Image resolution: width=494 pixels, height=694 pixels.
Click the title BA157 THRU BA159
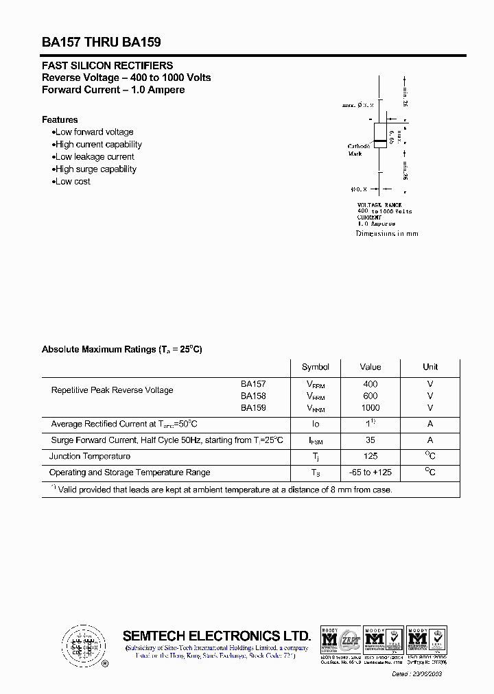click(102, 42)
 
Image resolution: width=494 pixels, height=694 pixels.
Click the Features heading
click(60, 119)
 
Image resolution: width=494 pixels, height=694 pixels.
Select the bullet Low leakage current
click(94, 156)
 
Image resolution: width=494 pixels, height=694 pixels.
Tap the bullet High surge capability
click(95, 169)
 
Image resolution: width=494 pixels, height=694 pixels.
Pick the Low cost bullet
click(72, 181)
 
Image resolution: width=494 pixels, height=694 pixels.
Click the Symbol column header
click(315, 367)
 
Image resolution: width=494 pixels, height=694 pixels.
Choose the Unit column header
click(430, 367)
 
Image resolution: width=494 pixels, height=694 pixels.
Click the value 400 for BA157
click(370, 384)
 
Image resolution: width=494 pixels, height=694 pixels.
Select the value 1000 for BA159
click(370, 407)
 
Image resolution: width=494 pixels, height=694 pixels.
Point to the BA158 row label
click(253, 396)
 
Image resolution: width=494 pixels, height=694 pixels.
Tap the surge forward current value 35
click(370, 440)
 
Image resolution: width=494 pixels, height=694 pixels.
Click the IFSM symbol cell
click(315, 441)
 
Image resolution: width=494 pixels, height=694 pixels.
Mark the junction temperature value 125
click(370, 456)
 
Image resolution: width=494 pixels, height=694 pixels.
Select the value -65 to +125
click(370, 472)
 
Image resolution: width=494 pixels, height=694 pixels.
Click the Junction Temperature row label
click(90, 456)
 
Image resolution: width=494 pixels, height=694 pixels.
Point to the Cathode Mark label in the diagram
click(359, 149)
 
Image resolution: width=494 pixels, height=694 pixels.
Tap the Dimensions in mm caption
click(387, 234)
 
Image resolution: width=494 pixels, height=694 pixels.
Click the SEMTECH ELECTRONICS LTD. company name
click(217, 636)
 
